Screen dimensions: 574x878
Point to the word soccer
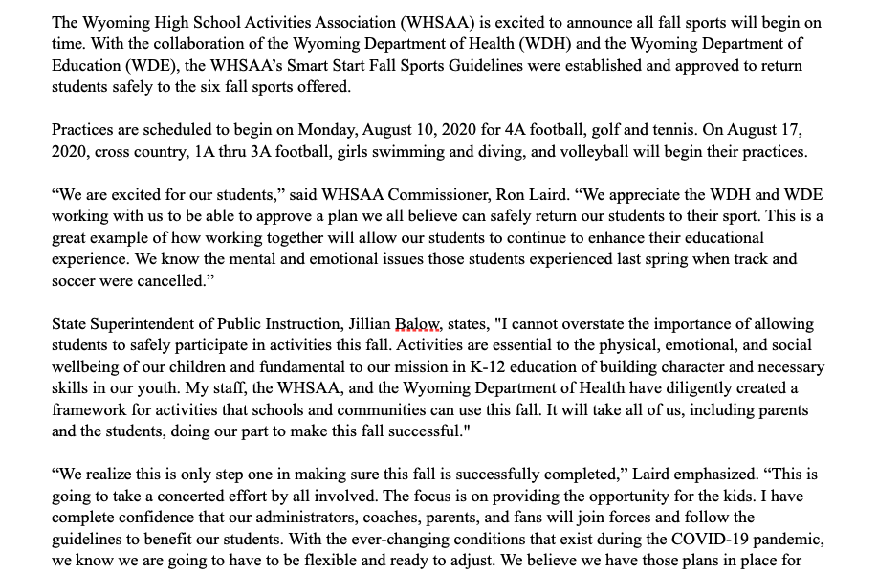pyautogui.click(x=75, y=281)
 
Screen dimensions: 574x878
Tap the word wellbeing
pyautogui.click(x=91, y=367)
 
